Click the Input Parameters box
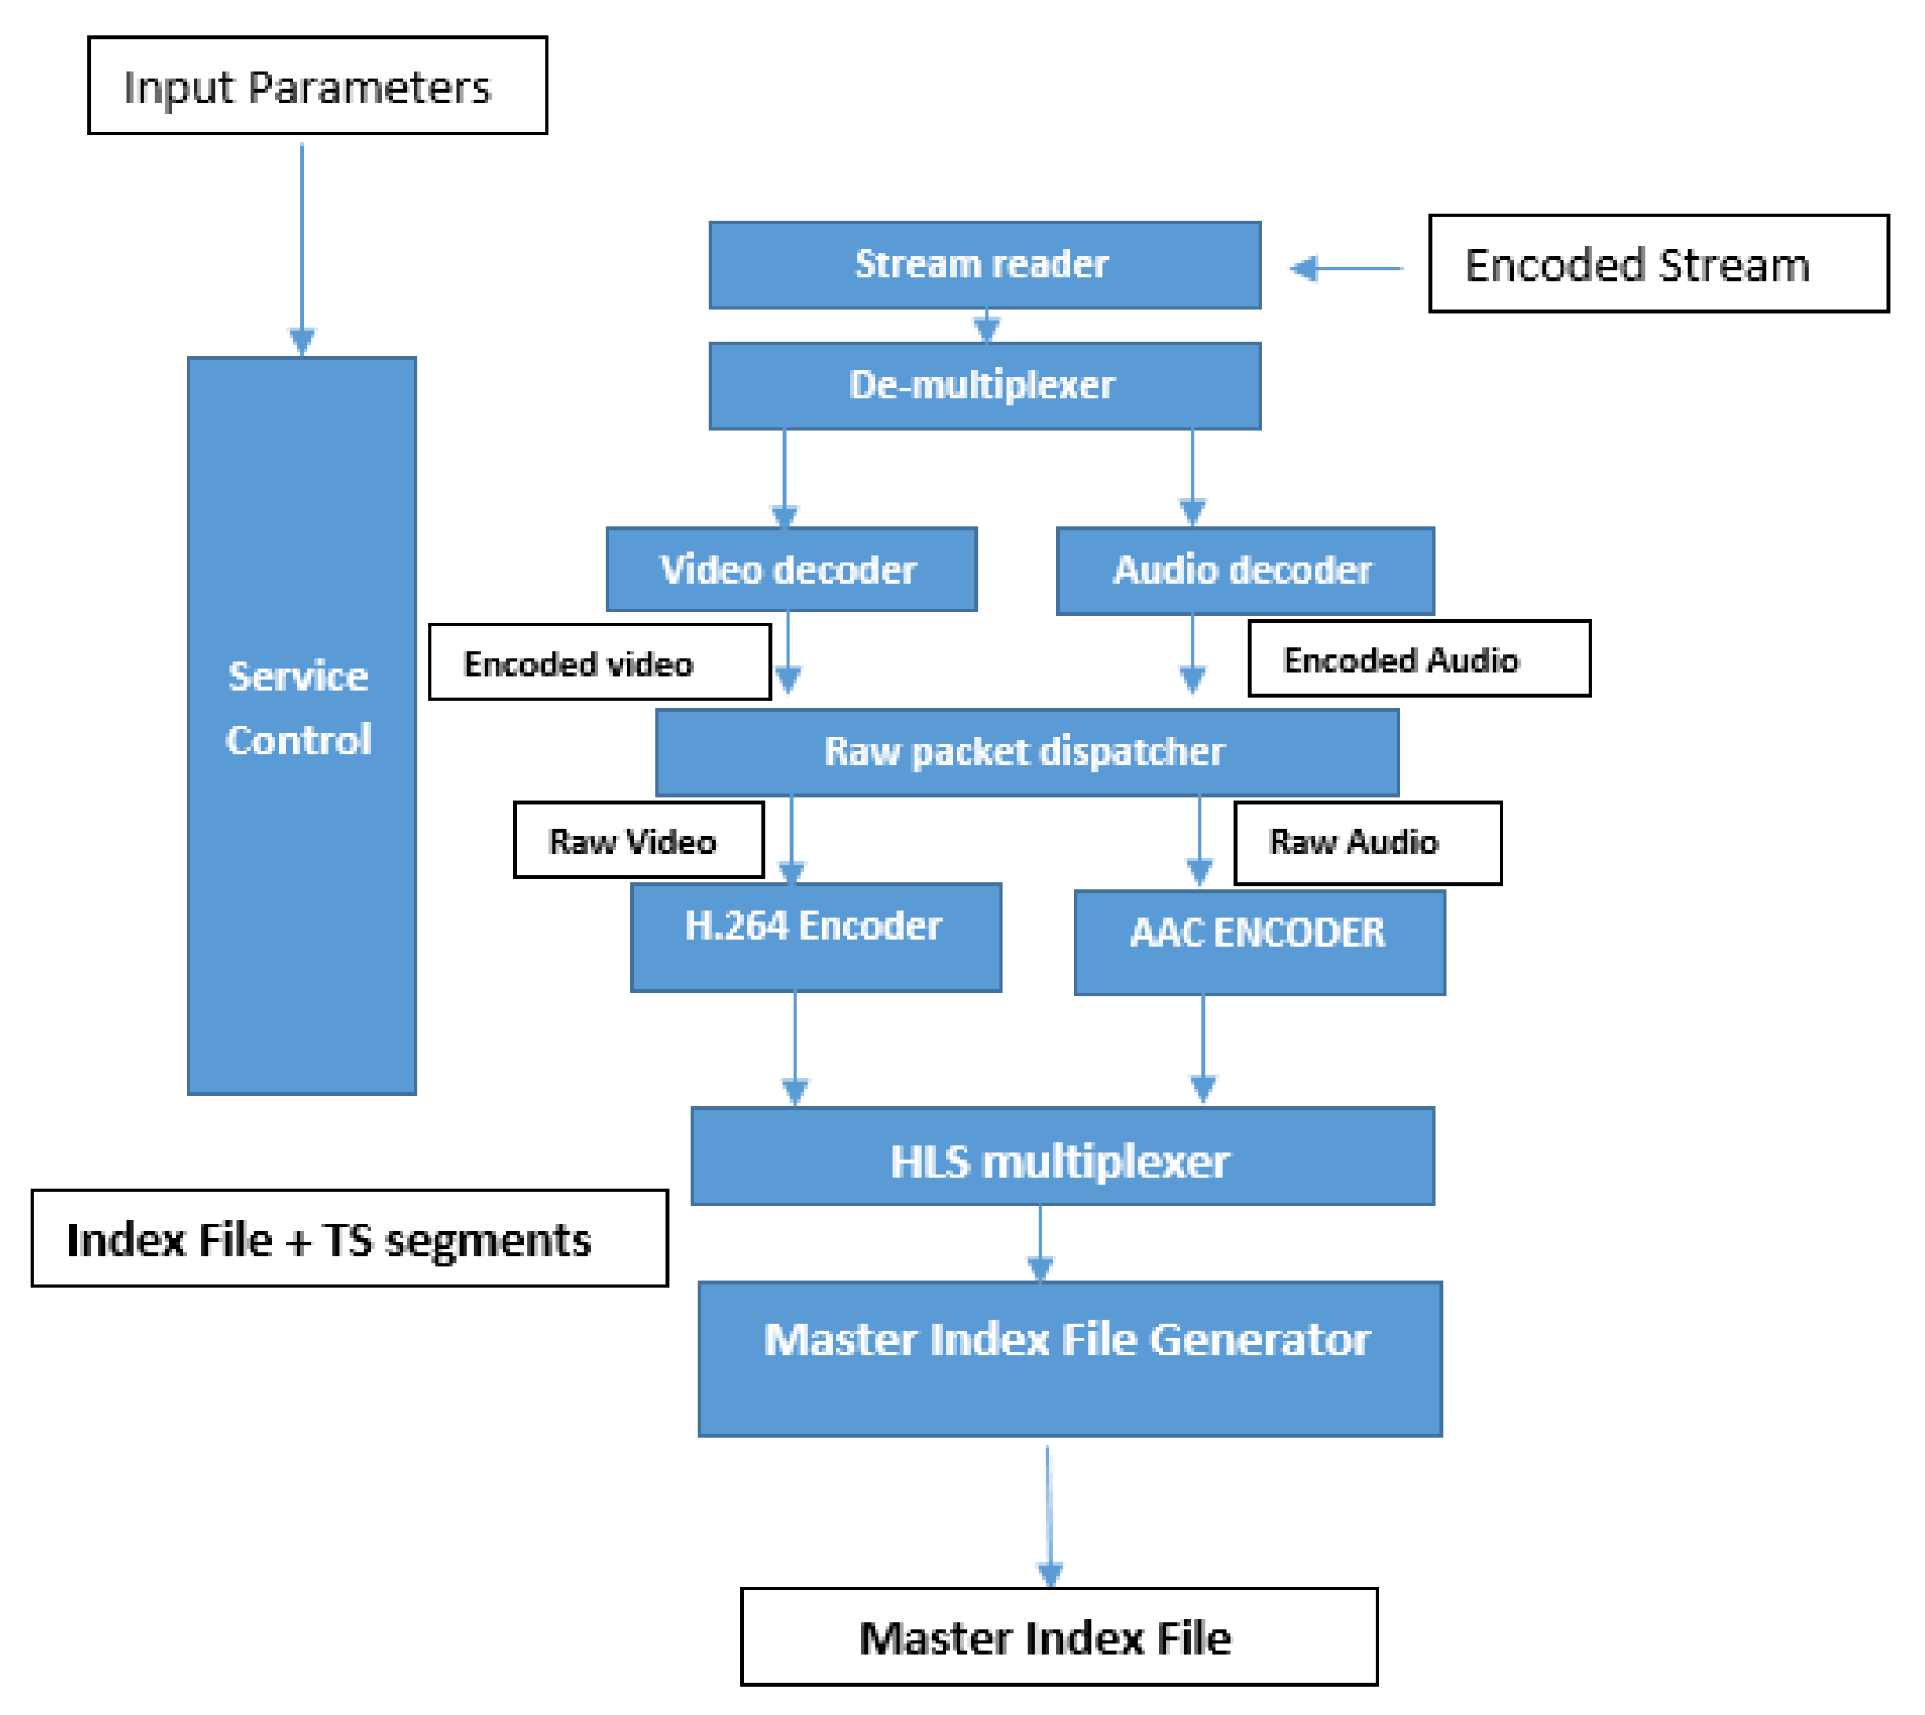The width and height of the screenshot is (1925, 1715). tap(317, 86)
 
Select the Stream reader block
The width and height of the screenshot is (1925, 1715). tap(984, 265)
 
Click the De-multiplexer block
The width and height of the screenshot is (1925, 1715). tap(984, 386)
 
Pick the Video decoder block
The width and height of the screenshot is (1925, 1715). tap(790, 569)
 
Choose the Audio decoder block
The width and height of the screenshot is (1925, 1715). tap(1245, 571)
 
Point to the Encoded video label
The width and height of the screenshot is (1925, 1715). tap(599, 662)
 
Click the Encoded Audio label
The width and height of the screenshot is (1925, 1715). tap(1418, 658)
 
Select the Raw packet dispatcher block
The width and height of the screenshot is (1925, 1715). tap(1026, 752)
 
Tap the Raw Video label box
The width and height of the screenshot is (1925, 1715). tap(638, 840)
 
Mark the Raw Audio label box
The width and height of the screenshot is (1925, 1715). tap(1366, 842)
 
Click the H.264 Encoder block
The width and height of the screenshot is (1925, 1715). tap(815, 936)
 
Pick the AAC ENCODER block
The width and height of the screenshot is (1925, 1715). tap(1259, 942)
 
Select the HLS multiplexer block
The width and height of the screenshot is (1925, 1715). tap(1062, 1156)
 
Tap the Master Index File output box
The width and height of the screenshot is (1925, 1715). tap(1058, 1636)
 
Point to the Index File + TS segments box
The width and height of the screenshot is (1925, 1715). tap(350, 1238)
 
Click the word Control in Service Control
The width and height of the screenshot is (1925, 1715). tap(299, 740)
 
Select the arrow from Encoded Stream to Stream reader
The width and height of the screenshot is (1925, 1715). tap(1344, 269)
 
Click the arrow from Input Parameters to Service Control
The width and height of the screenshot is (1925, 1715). tap(302, 245)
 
